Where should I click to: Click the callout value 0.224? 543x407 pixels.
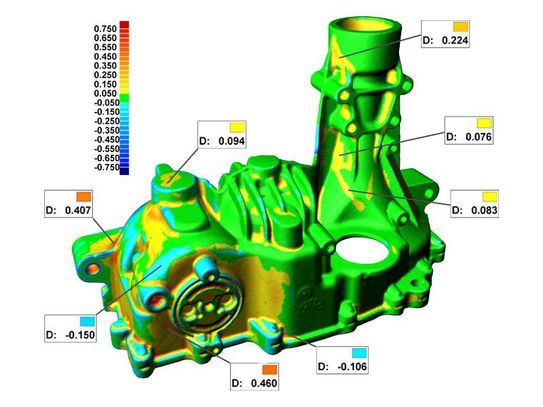pyautogui.click(x=455, y=40)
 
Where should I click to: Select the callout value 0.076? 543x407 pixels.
pyautogui.click(x=479, y=137)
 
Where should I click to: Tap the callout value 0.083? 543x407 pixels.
pyautogui.click(x=484, y=210)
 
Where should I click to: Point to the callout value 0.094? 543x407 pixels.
pyautogui.click(x=231, y=141)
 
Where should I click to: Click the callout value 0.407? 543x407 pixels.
pyautogui.click(x=78, y=210)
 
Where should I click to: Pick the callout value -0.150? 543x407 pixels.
pyautogui.click(x=79, y=335)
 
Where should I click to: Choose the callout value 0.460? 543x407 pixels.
pyautogui.click(x=264, y=383)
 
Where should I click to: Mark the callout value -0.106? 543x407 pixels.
pyautogui.click(x=352, y=366)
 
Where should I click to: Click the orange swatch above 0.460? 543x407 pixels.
pyautogui.click(x=269, y=370)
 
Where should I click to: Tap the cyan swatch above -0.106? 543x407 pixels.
pyautogui.click(x=360, y=353)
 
